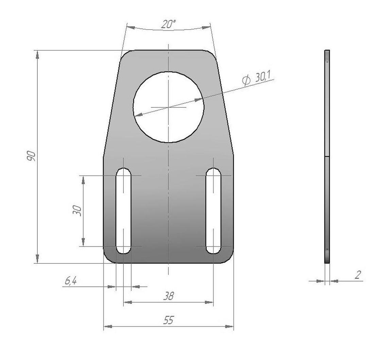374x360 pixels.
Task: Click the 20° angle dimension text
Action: (x=168, y=24)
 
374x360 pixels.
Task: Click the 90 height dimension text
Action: (x=31, y=156)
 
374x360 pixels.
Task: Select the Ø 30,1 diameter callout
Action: (x=256, y=78)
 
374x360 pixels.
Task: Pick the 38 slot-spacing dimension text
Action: (x=169, y=296)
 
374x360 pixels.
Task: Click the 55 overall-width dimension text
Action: (x=169, y=320)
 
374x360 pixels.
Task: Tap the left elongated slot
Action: (x=123, y=211)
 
